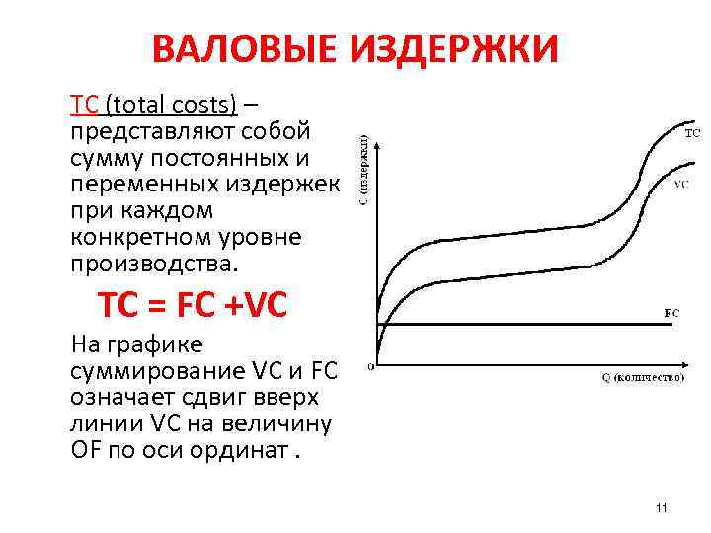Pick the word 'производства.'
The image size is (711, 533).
coord(154,265)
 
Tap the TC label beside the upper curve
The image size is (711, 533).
coord(692,131)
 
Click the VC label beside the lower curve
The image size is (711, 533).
coord(681,185)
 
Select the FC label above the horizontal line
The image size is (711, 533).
coord(671,313)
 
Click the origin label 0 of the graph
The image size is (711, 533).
coord(370,366)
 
